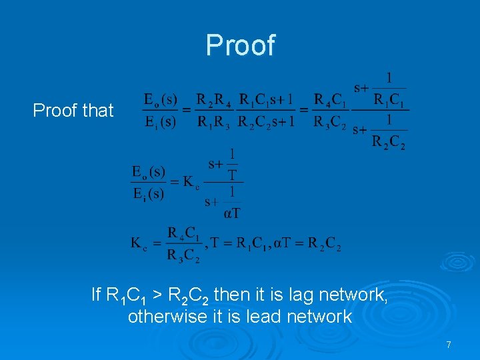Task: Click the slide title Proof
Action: pos(240,45)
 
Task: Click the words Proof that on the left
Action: pos(73,111)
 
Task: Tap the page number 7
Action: pos(449,345)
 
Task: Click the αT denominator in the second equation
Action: pos(232,214)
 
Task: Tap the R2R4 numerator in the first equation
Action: pos(215,100)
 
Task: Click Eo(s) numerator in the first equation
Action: pos(161,100)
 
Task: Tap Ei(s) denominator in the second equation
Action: pos(148,194)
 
